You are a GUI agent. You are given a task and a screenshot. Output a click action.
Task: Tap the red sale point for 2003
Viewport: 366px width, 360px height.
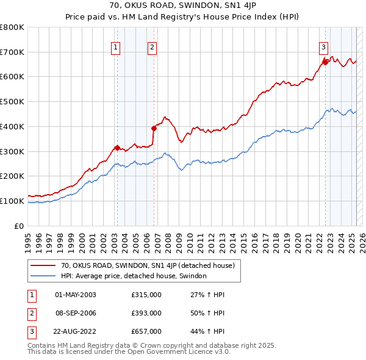(x=117, y=147)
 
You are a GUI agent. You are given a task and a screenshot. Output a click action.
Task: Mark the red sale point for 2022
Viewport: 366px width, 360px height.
(x=325, y=62)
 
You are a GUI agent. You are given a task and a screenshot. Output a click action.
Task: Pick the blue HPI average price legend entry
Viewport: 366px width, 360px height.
(x=134, y=276)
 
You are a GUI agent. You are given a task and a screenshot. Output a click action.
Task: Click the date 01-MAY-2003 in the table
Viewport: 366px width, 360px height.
(x=76, y=295)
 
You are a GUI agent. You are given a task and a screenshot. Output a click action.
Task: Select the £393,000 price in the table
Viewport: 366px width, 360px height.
(x=146, y=313)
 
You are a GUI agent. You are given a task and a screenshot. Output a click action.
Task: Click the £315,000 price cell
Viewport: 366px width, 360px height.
(x=146, y=295)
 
